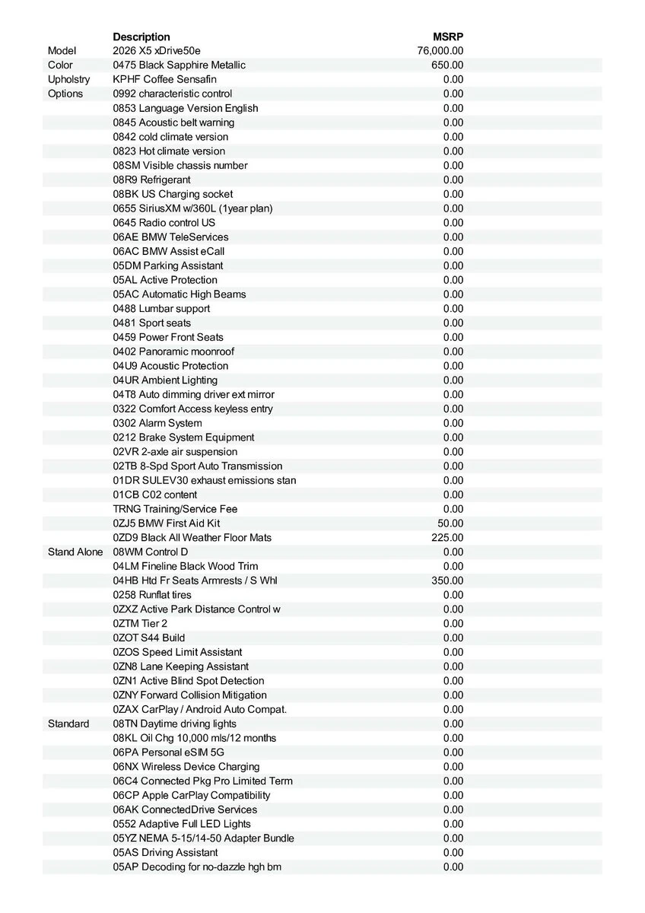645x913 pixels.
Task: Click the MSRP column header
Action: click(x=448, y=37)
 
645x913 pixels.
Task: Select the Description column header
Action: click(x=141, y=37)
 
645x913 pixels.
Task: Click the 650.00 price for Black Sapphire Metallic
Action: click(x=447, y=65)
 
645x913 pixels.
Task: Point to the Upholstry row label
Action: click(x=68, y=79)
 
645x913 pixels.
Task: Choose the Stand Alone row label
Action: click(x=75, y=552)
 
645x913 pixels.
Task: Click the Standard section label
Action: click(x=68, y=724)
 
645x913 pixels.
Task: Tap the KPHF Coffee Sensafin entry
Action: click(x=165, y=79)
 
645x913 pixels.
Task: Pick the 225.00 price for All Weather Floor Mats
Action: click(x=447, y=538)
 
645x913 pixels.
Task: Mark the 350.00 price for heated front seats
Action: click(x=447, y=581)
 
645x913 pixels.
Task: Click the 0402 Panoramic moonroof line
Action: click(x=173, y=352)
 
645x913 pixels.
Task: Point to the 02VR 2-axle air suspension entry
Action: click(x=175, y=452)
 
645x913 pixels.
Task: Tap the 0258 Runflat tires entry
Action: click(x=152, y=595)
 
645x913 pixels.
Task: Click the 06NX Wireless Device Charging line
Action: click(x=186, y=767)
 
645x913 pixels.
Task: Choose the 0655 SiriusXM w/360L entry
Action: click(x=192, y=208)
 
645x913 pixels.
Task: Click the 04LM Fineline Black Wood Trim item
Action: click(x=186, y=566)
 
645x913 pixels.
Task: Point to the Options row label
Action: click(x=65, y=94)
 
